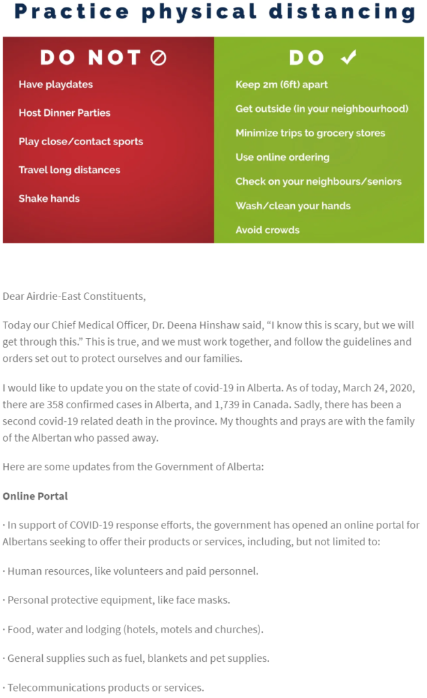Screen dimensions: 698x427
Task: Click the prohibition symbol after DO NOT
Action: (x=158, y=59)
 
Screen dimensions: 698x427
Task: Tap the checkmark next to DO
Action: (x=349, y=59)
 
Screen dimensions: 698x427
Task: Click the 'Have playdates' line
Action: (x=56, y=85)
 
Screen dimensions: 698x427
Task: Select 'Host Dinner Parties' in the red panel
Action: (x=65, y=113)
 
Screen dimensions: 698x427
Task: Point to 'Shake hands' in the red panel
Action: (x=49, y=199)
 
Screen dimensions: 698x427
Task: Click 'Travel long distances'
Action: (x=69, y=170)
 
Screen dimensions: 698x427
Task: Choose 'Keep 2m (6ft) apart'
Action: (x=281, y=85)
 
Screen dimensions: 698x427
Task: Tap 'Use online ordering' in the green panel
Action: (x=282, y=157)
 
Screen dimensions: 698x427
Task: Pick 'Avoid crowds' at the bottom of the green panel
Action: (x=267, y=230)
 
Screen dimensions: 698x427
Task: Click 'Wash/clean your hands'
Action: (x=293, y=206)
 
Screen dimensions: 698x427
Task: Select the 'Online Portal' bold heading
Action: (x=35, y=496)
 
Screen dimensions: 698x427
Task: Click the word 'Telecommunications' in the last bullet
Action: (x=53, y=688)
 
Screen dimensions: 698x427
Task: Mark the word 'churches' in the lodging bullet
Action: (x=239, y=630)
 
